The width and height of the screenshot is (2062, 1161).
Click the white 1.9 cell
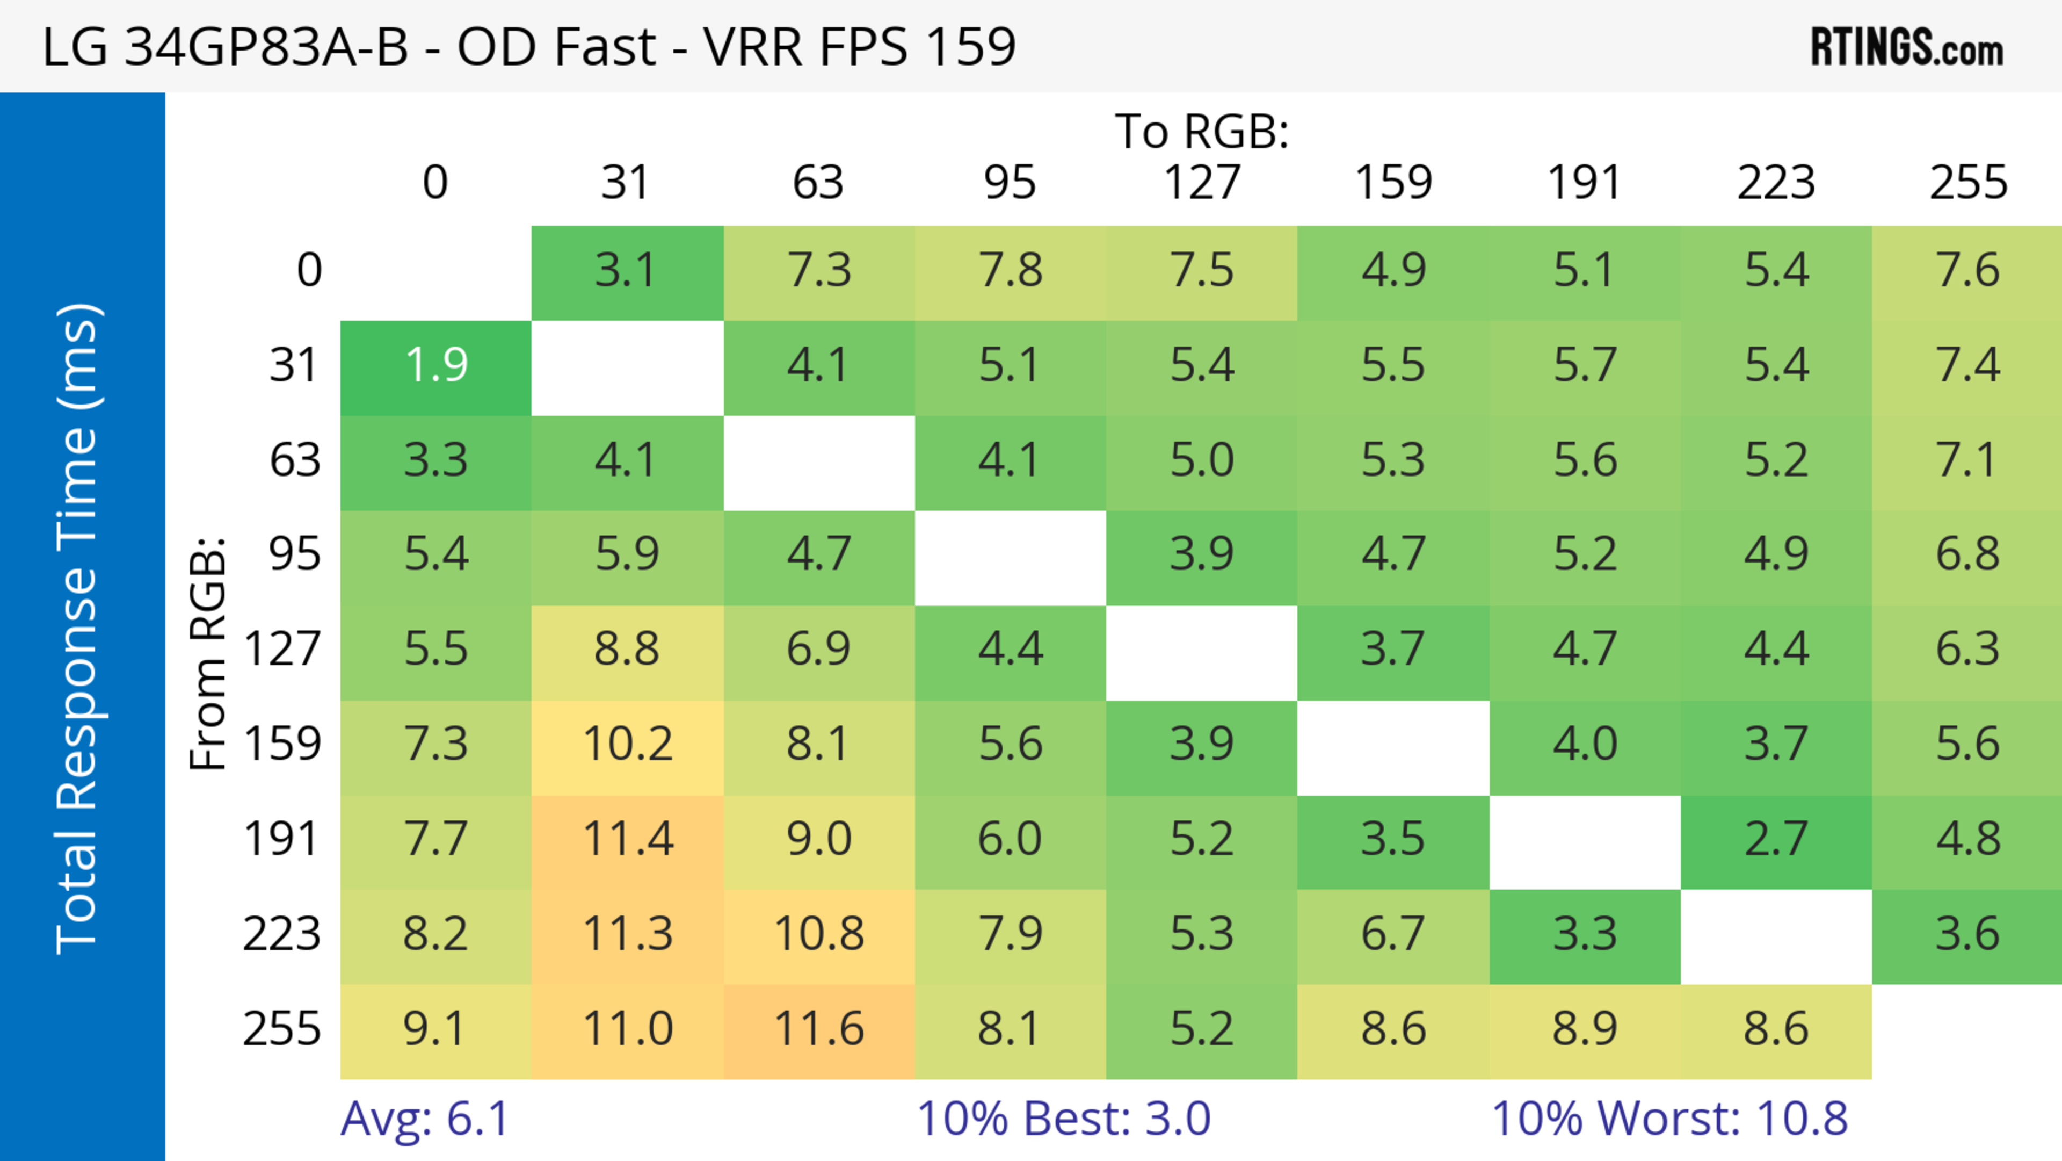(x=436, y=366)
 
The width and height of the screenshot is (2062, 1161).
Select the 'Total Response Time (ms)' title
(x=78, y=629)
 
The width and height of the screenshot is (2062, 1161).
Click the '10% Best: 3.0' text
(x=1063, y=1119)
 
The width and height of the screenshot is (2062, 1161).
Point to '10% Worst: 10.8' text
(x=1669, y=1119)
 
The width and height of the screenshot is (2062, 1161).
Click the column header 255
(x=1967, y=183)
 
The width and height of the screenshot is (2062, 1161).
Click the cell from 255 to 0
(x=436, y=1029)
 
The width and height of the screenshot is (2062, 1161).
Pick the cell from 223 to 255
(x=1967, y=934)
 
